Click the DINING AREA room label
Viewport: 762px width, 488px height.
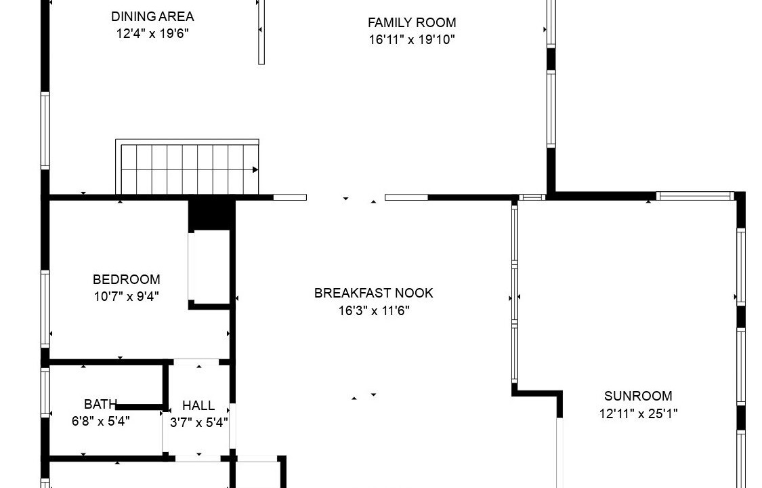tap(152, 16)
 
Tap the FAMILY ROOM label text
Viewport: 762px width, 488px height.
tap(412, 22)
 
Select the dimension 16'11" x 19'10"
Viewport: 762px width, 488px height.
tap(412, 39)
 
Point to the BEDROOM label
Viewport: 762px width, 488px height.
tap(127, 279)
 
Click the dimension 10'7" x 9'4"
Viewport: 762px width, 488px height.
tap(127, 296)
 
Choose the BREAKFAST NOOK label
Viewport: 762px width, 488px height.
tap(374, 293)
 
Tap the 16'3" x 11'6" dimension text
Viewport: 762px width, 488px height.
tap(374, 310)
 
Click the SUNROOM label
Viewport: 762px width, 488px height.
tap(638, 396)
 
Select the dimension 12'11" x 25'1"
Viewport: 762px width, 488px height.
tap(638, 413)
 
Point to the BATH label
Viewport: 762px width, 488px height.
tap(100, 404)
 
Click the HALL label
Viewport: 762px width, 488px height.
tap(198, 405)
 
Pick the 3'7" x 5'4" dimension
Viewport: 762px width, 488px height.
tap(198, 422)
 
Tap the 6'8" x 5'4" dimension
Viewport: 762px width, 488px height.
tap(101, 421)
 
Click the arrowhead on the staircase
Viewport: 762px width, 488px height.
tap(255, 169)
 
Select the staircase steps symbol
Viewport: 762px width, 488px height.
tap(187, 167)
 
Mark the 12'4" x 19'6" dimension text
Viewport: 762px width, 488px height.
tap(152, 33)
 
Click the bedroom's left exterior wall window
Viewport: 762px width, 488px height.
tap(45, 308)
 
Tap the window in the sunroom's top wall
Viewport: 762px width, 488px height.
tap(695, 196)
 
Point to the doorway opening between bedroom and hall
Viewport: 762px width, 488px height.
tap(196, 362)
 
